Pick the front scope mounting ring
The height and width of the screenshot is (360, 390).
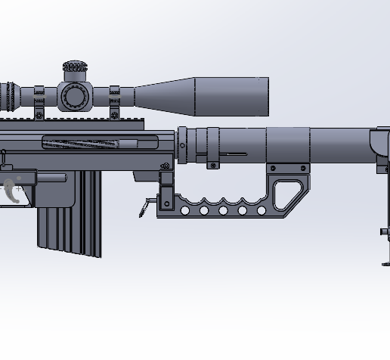click(x=114, y=101)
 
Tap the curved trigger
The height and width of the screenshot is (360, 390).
click(x=12, y=191)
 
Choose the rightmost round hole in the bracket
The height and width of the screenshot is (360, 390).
click(x=261, y=211)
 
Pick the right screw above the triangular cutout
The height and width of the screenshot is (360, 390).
click(x=303, y=168)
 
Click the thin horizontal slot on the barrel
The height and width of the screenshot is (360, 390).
click(x=237, y=154)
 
